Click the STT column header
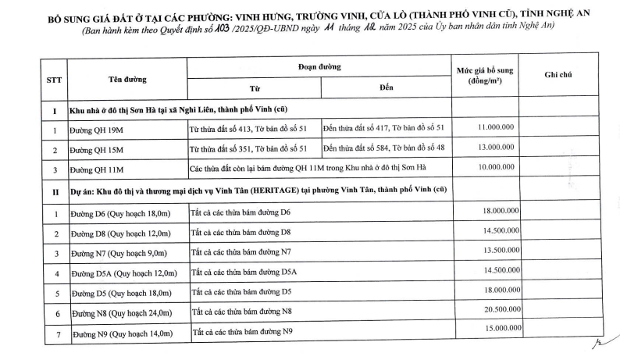54,80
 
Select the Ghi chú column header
558,74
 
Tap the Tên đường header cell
127,79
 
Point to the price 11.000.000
495,127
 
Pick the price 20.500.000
500,311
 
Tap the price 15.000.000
500,329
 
